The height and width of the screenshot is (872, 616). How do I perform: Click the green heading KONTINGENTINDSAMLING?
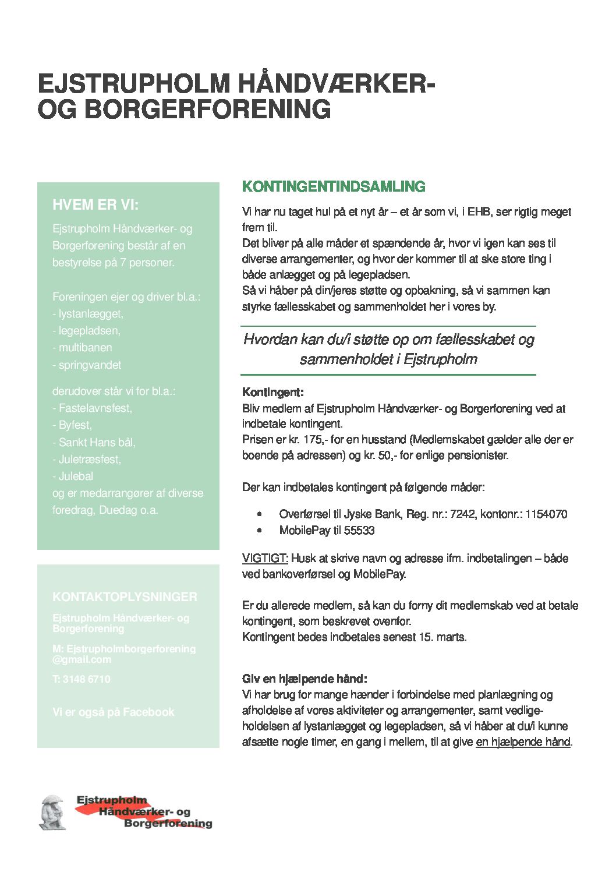[x=334, y=186]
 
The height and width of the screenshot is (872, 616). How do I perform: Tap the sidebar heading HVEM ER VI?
[x=95, y=205]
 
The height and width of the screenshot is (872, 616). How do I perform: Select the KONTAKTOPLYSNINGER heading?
[x=125, y=597]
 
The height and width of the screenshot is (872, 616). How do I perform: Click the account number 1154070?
[x=546, y=514]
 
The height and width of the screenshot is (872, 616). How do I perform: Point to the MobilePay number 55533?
[x=359, y=531]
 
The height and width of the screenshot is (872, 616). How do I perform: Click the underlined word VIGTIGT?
[x=265, y=559]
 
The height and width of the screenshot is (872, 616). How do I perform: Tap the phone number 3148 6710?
[x=86, y=679]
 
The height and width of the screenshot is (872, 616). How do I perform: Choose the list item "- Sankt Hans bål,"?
[x=94, y=443]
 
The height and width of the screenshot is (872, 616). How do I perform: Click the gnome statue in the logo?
[x=52, y=812]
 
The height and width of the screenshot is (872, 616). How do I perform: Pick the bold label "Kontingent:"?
[x=273, y=393]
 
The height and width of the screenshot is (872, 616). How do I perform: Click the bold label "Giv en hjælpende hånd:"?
[x=305, y=679]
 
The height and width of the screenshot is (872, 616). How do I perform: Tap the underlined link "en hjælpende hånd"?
[x=523, y=742]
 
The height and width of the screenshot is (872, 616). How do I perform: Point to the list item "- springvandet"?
[x=87, y=365]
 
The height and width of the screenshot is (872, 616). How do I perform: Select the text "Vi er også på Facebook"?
[x=113, y=712]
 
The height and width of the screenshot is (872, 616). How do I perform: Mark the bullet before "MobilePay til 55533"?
[x=260, y=531]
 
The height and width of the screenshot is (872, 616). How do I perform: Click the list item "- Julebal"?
[x=73, y=476]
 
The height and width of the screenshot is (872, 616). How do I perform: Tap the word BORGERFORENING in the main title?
[x=207, y=110]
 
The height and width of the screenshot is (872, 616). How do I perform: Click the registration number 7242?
[x=463, y=514]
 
